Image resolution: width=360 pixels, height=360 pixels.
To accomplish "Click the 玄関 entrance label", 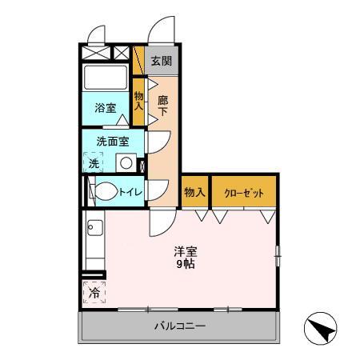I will tap(161, 61).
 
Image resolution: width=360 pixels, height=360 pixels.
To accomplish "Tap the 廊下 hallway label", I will tap(162, 105).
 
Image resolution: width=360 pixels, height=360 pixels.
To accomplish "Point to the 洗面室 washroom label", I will tap(113, 141).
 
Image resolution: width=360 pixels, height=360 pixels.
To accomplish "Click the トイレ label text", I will tap(130, 191).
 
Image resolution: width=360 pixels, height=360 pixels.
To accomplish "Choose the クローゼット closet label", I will tap(244, 192).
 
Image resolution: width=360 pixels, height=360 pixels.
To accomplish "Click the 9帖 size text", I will tap(186, 263).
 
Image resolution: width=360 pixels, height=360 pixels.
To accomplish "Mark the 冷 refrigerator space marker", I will tap(94, 293).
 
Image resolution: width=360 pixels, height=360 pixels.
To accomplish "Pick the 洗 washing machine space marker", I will tap(94, 162).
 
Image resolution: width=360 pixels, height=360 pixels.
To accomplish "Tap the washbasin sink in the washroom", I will tap(125, 163).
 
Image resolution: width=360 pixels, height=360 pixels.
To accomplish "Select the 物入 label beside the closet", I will tap(195, 192).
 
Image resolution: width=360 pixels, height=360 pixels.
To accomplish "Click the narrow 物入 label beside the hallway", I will tap(138, 100).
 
